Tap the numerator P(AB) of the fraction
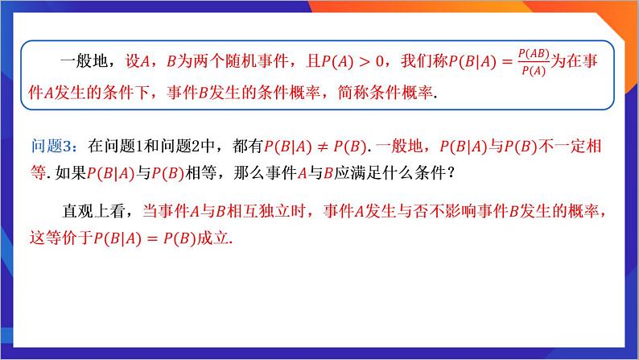coord(534,54)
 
